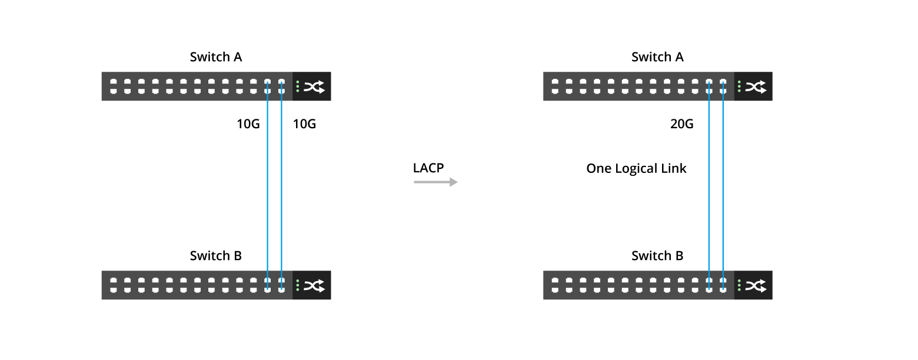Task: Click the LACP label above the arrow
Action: click(x=428, y=168)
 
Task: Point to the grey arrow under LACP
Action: click(x=435, y=182)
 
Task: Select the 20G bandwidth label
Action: click(x=681, y=124)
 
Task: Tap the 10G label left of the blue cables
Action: click(x=248, y=124)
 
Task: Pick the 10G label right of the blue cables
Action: click(x=304, y=124)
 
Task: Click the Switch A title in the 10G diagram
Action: click(x=215, y=57)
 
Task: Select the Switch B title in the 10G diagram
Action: click(x=215, y=256)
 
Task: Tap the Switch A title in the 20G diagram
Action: click(x=657, y=57)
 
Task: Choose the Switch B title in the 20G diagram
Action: click(x=657, y=256)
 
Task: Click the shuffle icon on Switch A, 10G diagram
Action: click(x=314, y=87)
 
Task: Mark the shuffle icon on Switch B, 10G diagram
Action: click(x=314, y=286)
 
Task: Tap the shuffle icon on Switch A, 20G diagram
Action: click(x=756, y=87)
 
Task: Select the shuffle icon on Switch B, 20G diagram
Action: click(x=756, y=286)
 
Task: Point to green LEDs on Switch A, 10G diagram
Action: click(x=298, y=86)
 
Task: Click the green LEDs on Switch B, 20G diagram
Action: click(x=739, y=285)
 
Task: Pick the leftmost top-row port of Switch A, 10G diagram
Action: click(x=113, y=82)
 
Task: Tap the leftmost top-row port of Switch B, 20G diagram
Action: click(x=554, y=281)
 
